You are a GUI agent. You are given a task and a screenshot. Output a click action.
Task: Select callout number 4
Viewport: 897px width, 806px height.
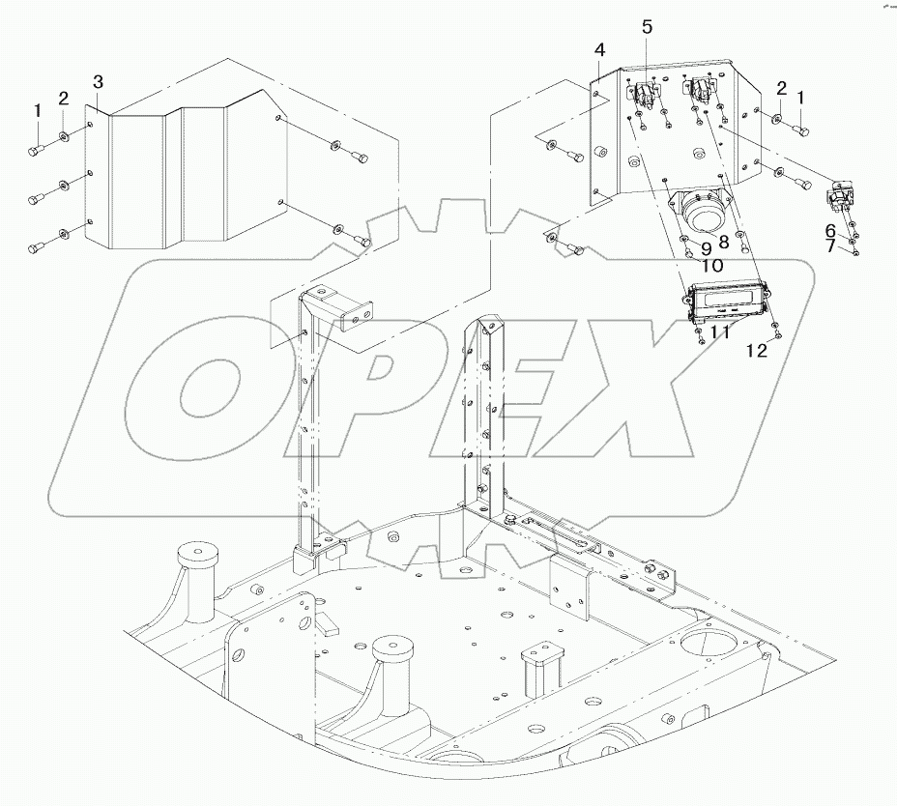(x=600, y=50)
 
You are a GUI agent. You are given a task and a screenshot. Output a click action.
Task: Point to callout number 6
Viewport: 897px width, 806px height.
(x=830, y=230)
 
